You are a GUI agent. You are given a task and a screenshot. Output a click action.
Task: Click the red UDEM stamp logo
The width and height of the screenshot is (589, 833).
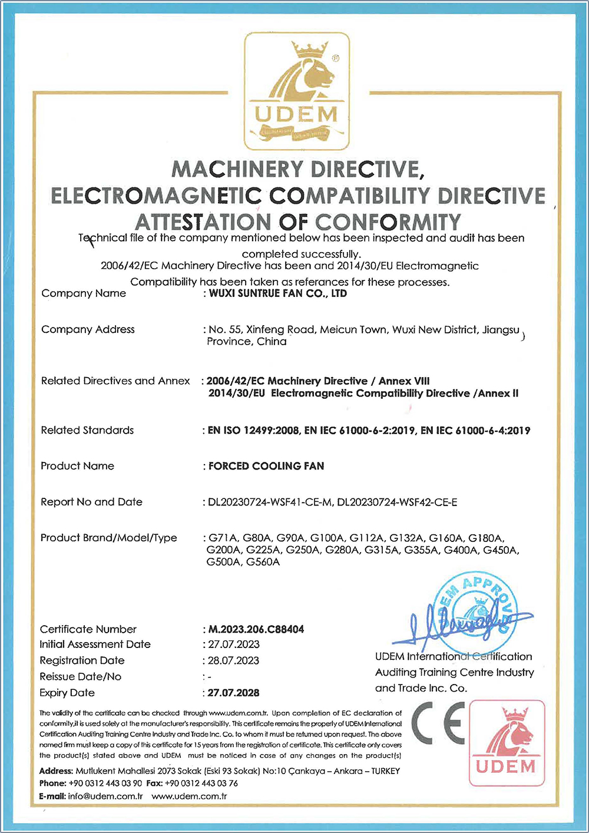(x=507, y=742)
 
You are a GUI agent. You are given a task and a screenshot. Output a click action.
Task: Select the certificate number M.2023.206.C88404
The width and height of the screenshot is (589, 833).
(x=256, y=629)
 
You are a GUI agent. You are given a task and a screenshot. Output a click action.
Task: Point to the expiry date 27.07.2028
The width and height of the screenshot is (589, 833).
(x=234, y=693)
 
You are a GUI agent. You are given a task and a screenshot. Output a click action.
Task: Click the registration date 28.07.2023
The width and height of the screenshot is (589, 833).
(x=234, y=660)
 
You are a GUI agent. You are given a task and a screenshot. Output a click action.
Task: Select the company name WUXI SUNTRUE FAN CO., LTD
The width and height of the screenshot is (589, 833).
(x=278, y=293)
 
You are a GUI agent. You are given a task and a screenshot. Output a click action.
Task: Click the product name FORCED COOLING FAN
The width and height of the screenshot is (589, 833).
(x=266, y=466)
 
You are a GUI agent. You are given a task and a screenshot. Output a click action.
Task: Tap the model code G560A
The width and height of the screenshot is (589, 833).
(x=263, y=562)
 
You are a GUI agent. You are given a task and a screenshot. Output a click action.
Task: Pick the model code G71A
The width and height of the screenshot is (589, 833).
(x=223, y=538)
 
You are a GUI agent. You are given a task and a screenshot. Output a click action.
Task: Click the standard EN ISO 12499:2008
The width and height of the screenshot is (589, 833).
(x=254, y=431)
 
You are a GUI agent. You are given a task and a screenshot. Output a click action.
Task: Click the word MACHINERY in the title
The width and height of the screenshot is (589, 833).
(x=239, y=170)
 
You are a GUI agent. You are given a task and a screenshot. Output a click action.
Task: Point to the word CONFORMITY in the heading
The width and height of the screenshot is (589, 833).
(x=388, y=222)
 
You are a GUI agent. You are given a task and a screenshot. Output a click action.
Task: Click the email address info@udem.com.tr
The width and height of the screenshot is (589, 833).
(x=105, y=796)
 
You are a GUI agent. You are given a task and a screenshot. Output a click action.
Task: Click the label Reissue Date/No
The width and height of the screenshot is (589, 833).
(x=80, y=676)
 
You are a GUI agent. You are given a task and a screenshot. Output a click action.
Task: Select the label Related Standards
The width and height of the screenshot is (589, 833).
(x=87, y=430)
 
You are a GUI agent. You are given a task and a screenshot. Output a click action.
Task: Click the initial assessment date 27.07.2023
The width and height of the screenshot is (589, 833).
(x=234, y=644)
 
